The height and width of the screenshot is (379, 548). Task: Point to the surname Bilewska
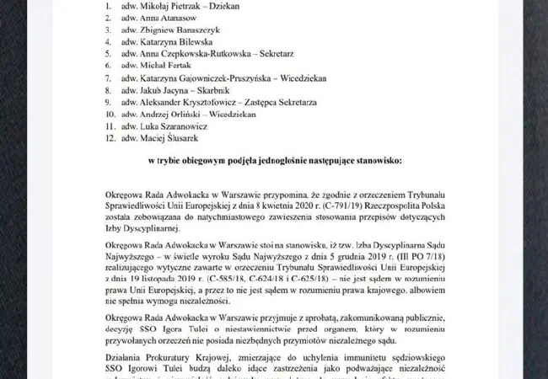pos(194,51)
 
